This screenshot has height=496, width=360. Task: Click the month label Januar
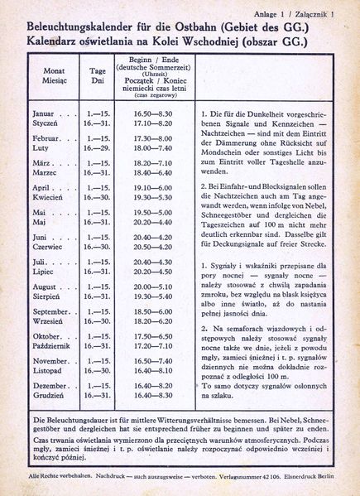[43, 112]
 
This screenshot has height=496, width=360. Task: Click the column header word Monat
[54, 71]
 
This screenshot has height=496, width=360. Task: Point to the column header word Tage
[98, 71]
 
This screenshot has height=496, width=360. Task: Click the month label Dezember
[51, 386]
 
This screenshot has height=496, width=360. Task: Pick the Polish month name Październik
[55, 346]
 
